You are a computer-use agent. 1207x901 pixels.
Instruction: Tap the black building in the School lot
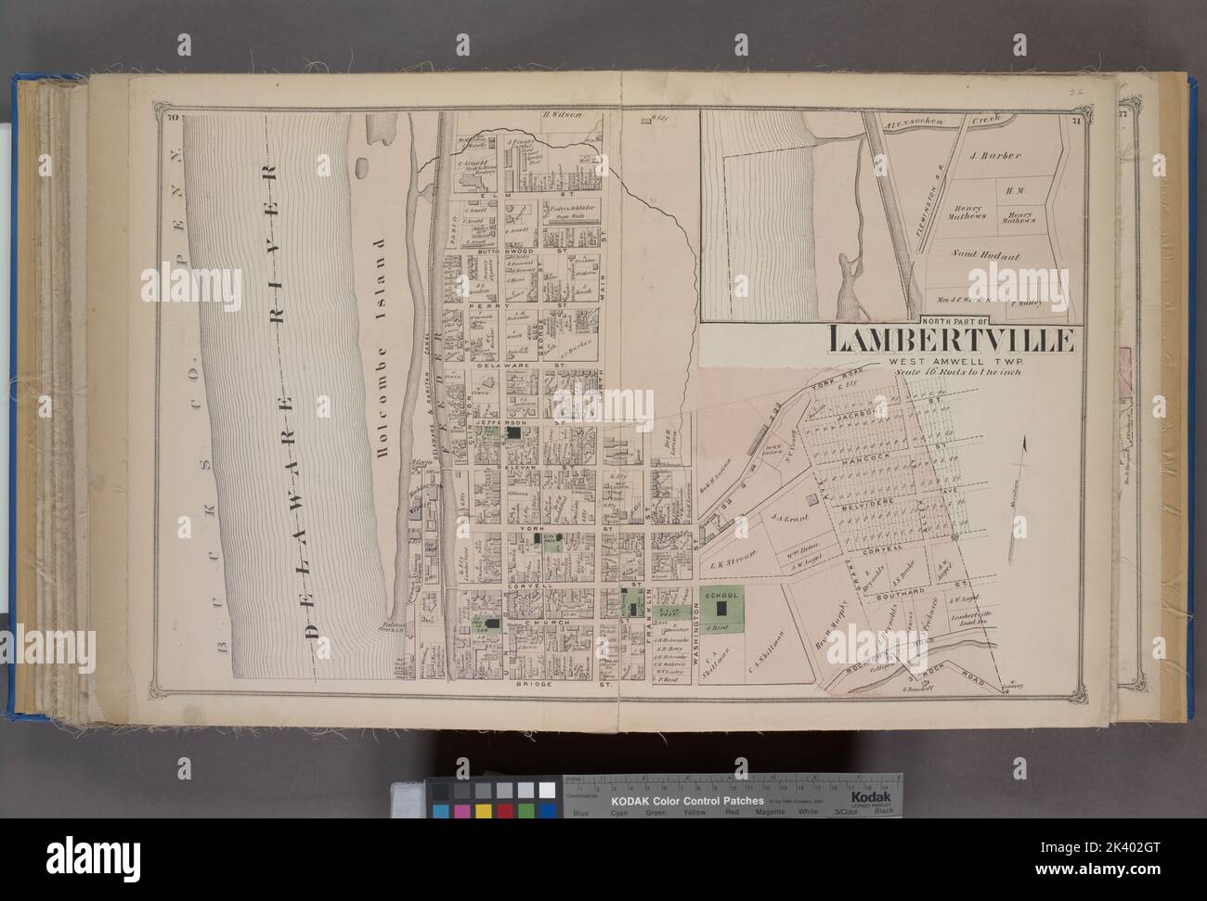coord(720,610)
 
